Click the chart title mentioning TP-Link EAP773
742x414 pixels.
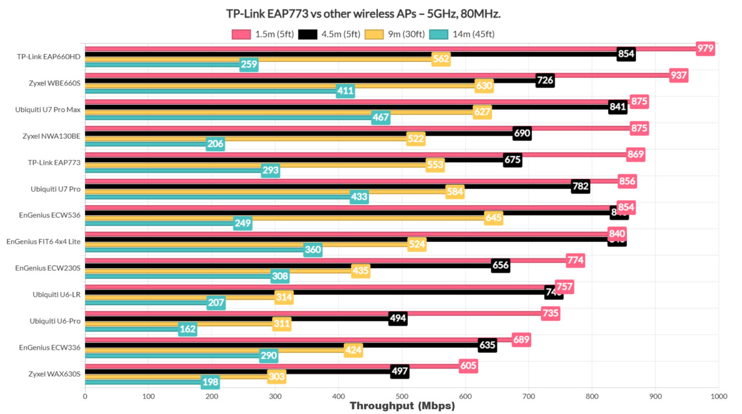tap(363, 14)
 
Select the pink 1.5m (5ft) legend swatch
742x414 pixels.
tap(241, 34)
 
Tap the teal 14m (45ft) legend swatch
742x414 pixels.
tap(439, 34)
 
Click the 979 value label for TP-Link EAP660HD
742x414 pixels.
tap(705, 48)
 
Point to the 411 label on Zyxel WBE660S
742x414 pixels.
tap(345, 91)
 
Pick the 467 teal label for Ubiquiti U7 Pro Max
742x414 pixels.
tap(381, 117)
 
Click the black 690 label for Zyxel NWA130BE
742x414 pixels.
tap(522, 133)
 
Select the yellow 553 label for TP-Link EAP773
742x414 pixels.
tap(435, 165)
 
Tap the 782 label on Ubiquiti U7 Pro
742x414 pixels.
tap(580, 186)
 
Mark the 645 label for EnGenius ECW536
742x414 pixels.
tap(493, 218)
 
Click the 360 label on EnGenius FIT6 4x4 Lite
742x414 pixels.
tap(313, 250)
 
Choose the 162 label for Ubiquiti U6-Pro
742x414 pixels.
tap(187, 329)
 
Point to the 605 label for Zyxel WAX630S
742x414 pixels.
tap(468, 366)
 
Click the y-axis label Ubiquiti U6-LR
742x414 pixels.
tap(57, 295)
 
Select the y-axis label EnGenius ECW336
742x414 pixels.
tap(50, 347)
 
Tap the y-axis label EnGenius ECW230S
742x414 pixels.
tap(48, 268)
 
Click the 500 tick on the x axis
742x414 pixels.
tap(402, 397)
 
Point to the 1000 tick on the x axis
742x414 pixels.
tap(718, 397)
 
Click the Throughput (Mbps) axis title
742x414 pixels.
tap(402, 406)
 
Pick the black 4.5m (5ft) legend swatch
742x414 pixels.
tap(308, 34)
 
